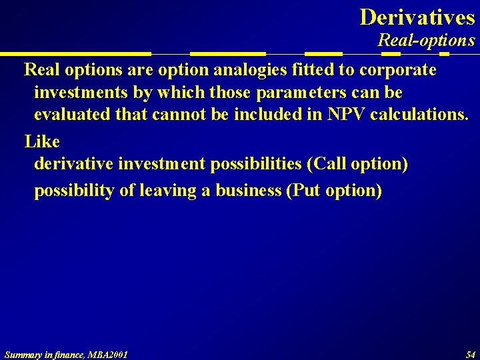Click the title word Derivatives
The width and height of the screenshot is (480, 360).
(x=417, y=17)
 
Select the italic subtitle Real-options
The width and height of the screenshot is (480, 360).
(x=426, y=41)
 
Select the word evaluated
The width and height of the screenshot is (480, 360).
(x=72, y=115)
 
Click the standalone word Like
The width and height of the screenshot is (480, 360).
(x=42, y=141)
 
